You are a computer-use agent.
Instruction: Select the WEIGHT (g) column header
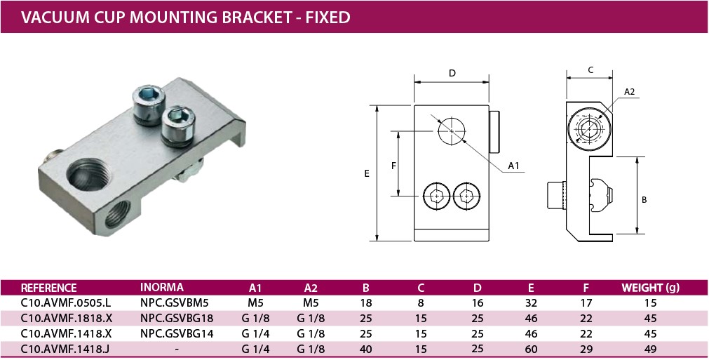(651, 288)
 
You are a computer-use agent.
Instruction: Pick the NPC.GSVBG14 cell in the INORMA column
(176, 333)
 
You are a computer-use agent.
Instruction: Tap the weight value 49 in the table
(651, 348)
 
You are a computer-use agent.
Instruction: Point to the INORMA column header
(162, 288)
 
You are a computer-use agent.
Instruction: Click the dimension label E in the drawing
(367, 174)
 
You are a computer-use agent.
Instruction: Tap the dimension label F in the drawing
(394, 165)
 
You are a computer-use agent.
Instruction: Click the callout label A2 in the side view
(629, 92)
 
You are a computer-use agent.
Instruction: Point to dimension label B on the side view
(644, 199)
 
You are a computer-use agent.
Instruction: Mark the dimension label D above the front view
(452, 73)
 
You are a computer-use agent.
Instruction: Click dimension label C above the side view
(590, 69)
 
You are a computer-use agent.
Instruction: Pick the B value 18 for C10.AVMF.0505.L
(365, 303)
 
